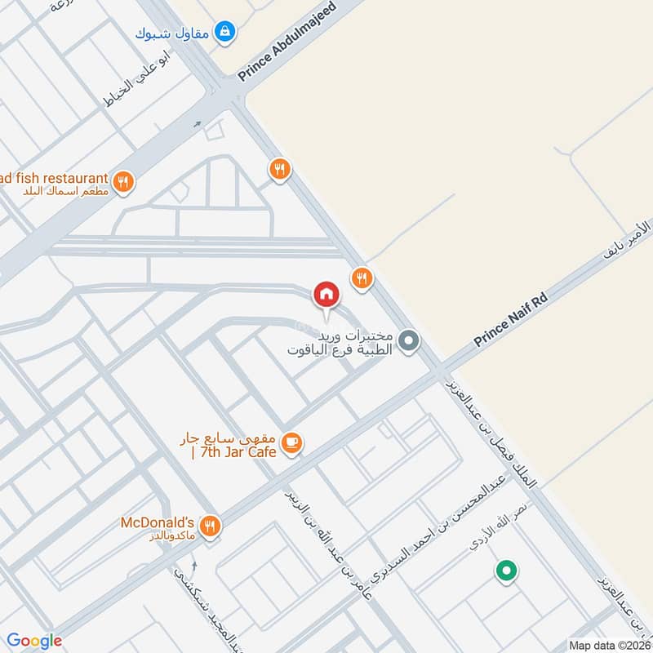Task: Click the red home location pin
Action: coord(326,295)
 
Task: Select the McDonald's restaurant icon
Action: coord(211,526)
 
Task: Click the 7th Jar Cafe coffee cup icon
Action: coord(291,442)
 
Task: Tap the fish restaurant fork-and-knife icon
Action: coord(123,182)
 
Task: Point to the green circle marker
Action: coord(506,571)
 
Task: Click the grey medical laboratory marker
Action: coord(410,341)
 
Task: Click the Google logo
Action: coord(34,641)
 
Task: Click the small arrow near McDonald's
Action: coord(194,566)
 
